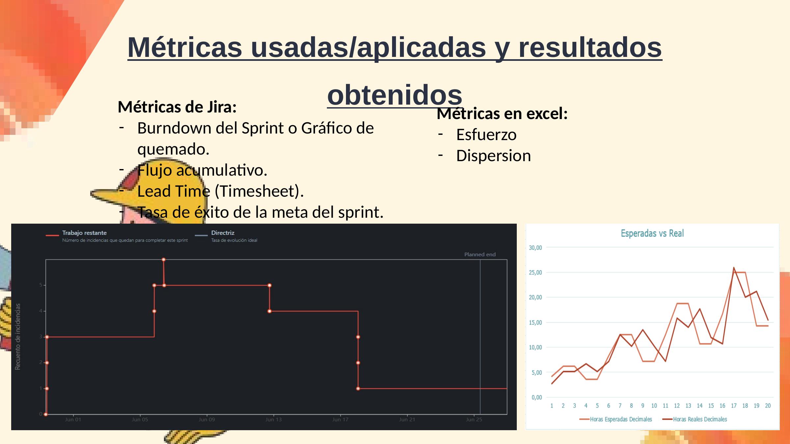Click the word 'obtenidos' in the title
(395, 95)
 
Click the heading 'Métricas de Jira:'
(177, 107)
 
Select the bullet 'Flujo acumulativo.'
(202, 170)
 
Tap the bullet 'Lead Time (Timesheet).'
(220, 191)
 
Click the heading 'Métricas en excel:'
(502, 114)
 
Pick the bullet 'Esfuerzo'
(486, 135)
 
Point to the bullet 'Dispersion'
(493, 156)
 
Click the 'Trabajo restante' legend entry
(84, 233)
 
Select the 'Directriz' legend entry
(223, 233)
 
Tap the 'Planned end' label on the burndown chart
(480, 255)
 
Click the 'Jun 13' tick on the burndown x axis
(274, 420)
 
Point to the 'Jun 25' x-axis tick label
(474, 420)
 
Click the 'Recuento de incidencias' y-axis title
(18, 336)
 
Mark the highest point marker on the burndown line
(164, 260)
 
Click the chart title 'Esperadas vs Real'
(652, 234)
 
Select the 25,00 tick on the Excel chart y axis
(535, 273)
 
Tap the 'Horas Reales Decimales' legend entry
(699, 419)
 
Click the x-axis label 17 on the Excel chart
(734, 406)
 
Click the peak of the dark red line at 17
(734, 268)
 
